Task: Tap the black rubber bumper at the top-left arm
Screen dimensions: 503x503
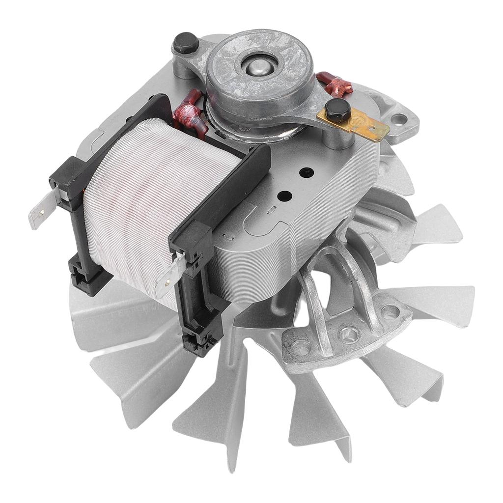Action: tap(185, 43)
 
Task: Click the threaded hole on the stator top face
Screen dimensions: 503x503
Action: tap(307, 172)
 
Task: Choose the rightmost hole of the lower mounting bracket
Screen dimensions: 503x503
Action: tap(391, 311)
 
